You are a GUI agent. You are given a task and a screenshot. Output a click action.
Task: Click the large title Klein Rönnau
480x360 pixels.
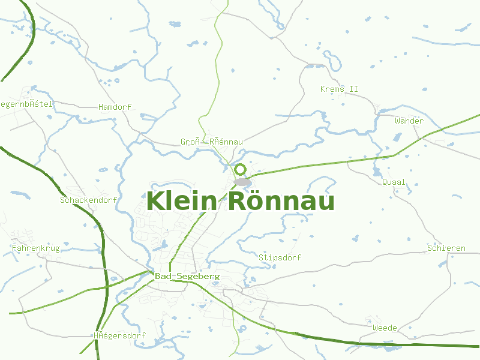[240, 200]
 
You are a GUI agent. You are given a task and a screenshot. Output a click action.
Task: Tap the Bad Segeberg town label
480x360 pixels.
[187, 277]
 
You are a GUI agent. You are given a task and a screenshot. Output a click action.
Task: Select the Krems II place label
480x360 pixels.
[339, 89]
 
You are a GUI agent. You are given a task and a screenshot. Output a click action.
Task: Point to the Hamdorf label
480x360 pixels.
[115, 107]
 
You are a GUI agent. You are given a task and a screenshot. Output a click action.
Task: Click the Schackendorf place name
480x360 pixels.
[88, 200]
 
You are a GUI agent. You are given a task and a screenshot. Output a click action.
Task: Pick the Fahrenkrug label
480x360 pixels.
[36, 248]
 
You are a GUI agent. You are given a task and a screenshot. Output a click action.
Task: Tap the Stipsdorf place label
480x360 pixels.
[280, 257]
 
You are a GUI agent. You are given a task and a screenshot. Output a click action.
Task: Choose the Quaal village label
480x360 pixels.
[394, 182]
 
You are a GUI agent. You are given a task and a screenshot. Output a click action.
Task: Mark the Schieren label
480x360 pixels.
[446, 248]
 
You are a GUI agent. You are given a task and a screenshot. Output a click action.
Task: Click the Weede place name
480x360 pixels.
[385, 328]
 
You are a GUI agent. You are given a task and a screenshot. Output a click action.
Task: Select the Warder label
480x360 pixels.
[409, 121]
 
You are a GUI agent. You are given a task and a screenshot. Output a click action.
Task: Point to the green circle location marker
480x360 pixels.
[241, 170]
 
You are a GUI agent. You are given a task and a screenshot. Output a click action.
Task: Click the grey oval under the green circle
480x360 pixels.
[242, 182]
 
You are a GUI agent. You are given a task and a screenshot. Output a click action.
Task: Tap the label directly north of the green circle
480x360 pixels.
[211, 142]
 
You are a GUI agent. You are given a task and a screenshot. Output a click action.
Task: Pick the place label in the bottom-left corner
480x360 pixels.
[119, 335]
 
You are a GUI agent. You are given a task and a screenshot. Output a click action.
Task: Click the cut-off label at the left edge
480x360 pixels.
[26, 104]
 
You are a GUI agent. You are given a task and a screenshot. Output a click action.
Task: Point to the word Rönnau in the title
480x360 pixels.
[281, 200]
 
